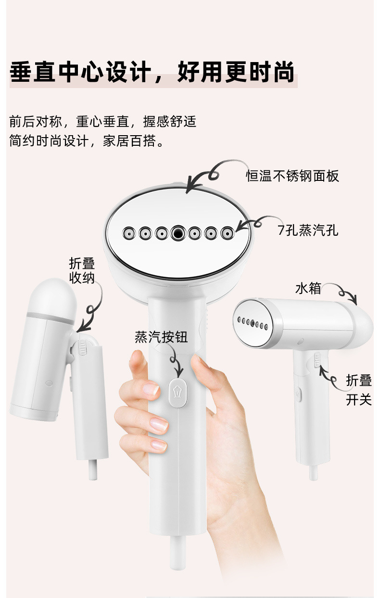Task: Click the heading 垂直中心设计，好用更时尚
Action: click(152, 73)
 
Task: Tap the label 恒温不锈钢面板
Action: click(292, 176)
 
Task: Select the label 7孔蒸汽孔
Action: click(308, 230)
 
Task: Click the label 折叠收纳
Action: click(82, 270)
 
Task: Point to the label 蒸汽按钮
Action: click(161, 337)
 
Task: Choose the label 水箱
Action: click(308, 289)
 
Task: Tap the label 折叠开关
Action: click(359, 390)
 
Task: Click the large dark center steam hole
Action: click(177, 233)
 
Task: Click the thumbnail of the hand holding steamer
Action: click(192, 433)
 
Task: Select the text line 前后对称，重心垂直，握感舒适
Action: click(103, 121)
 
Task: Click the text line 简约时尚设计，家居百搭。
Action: click(87, 141)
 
